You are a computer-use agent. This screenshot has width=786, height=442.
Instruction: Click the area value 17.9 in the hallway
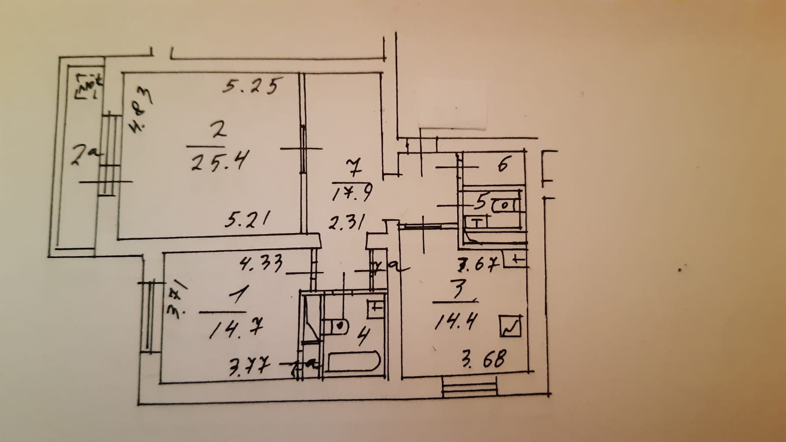click(x=352, y=193)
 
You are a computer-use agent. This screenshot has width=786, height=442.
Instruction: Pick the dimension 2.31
click(x=347, y=223)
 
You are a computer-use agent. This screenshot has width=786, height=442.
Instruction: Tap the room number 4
click(x=363, y=337)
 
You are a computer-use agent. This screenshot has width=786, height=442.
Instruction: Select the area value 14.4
click(x=456, y=323)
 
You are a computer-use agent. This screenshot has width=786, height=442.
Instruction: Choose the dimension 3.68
click(x=483, y=359)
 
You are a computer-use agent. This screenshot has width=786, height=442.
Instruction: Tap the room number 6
click(x=502, y=164)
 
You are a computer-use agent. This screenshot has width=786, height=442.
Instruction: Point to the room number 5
click(x=480, y=202)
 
